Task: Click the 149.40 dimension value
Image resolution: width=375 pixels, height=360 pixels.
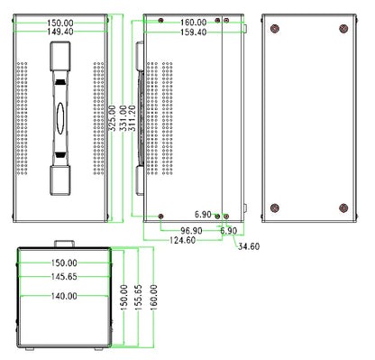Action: [59, 32]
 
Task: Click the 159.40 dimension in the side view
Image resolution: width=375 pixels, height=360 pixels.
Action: [193, 32]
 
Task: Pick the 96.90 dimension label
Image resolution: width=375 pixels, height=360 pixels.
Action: [190, 230]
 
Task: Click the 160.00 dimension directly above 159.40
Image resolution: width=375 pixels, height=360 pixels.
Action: [193, 22]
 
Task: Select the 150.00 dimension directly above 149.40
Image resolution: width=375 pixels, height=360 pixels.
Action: [59, 22]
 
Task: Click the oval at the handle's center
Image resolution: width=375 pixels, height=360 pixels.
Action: [59, 116]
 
